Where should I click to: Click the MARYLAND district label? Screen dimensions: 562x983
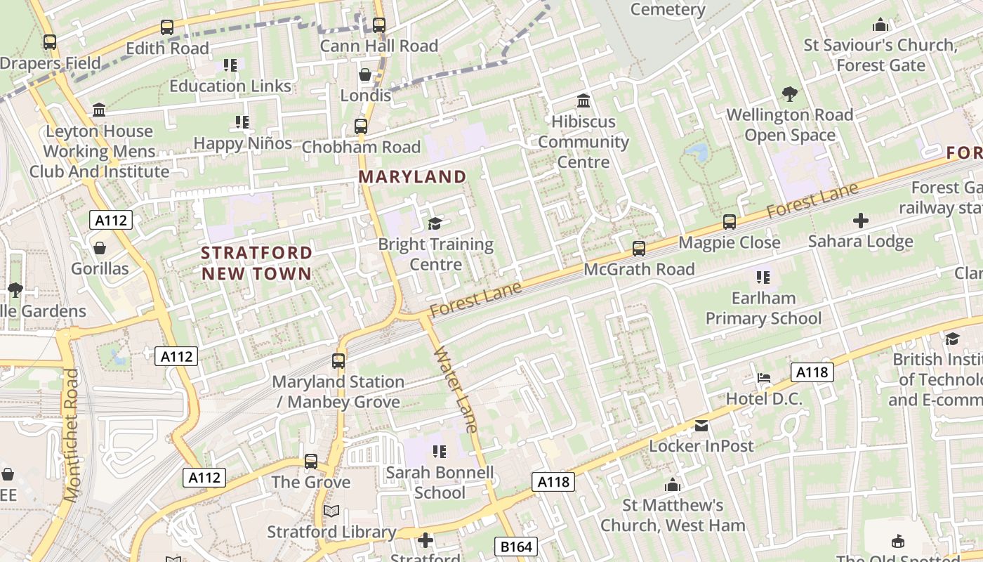tap(412, 177)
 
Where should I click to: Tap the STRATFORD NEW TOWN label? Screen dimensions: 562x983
tap(256, 263)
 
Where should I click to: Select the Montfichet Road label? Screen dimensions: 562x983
tap(72, 436)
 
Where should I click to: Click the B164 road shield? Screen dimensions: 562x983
tap(515, 547)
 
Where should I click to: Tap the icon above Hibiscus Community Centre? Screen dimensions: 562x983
tap(583, 100)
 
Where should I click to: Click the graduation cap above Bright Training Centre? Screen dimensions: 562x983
tap(435, 224)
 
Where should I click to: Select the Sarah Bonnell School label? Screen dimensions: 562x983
tap(440, 482)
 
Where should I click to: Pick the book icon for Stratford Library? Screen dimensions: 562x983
tap(331, 511)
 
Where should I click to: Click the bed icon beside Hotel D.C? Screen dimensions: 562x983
tap(764, 378)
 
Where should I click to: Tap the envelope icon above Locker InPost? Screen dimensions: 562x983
tap(701, 425)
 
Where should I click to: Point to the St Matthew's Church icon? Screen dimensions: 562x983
tap(673, 485)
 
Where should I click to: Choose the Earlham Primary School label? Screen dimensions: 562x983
tap(763, 308)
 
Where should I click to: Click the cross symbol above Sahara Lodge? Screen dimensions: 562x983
tap(860, 221)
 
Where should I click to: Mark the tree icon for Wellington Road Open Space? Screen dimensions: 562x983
tap(790, 93)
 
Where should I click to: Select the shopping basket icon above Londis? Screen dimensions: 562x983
tap(365, 74)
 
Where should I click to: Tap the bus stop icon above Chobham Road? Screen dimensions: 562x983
tap(361, 126)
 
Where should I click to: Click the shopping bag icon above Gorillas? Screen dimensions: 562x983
tap(100, 248)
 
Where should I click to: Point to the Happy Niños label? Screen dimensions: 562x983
tap(242, 143)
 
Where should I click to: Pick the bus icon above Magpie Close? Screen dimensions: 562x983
tap(730, 222)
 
